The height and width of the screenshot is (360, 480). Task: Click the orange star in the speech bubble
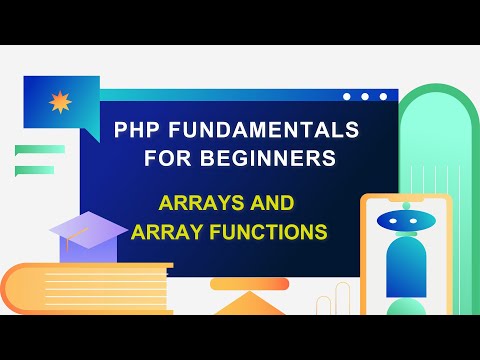58,102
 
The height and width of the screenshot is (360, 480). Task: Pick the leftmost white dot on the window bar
348,97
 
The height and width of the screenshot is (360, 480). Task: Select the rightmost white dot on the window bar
382,97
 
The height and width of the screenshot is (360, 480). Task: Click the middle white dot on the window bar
365,97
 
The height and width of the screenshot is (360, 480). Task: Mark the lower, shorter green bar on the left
34,170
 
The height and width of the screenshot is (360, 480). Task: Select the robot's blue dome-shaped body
406,270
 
